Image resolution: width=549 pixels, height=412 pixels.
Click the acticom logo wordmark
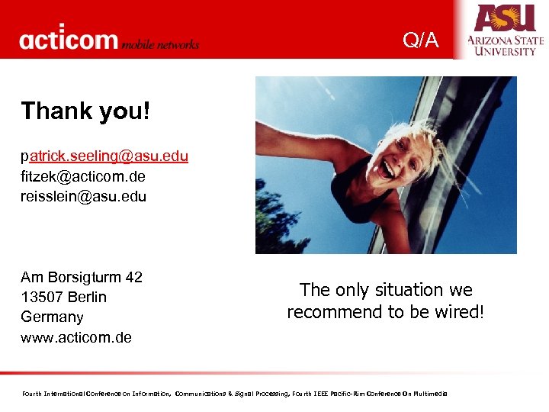pyautogui.click(x=69, y=39)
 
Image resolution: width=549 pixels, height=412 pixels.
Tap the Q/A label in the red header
pyautogui.click(x=421, y=40)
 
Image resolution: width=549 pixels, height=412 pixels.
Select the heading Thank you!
pyautogui.click(x=85, y=111)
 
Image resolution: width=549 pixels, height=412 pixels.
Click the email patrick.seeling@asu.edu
pyautogui.click(x=104, y=156)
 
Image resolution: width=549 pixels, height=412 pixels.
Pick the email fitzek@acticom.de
pyautogui.click(x=83, y=176)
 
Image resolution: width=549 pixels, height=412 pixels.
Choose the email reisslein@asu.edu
pyautogui.click(x=84, y=196)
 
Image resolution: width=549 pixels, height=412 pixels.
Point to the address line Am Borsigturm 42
pyautogui.click(x=82, y=277)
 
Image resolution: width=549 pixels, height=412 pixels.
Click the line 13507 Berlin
pyautogui.click(x=64, y=297)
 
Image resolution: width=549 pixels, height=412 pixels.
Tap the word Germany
pyautogui.click(x=52, y=317)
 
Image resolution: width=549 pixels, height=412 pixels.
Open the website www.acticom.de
pyautogui.click(x=76, y=336)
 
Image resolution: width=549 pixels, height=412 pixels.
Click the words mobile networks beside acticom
pyautogui.click(x=161, y=43)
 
